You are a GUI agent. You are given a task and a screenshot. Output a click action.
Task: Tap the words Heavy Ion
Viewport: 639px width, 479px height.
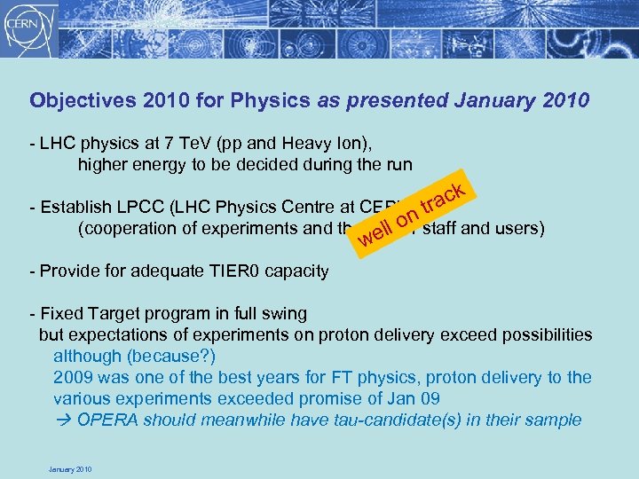[x=320, y=143]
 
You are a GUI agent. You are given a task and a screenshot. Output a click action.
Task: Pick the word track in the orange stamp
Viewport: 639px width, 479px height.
[x=443, y=198]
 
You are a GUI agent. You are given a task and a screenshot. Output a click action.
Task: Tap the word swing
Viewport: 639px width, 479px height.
[x=284, y=313]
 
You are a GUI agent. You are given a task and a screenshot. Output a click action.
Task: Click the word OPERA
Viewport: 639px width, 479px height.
[x=106, y=420]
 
